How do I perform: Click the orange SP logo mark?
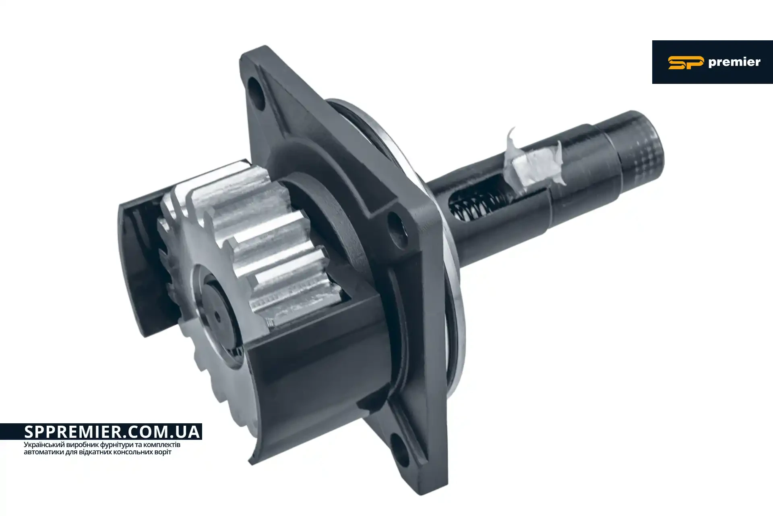(686, 63)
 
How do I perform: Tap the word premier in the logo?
(734, 62)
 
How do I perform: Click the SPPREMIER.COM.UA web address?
(112, 432)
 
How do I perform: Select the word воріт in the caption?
(163, 452)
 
